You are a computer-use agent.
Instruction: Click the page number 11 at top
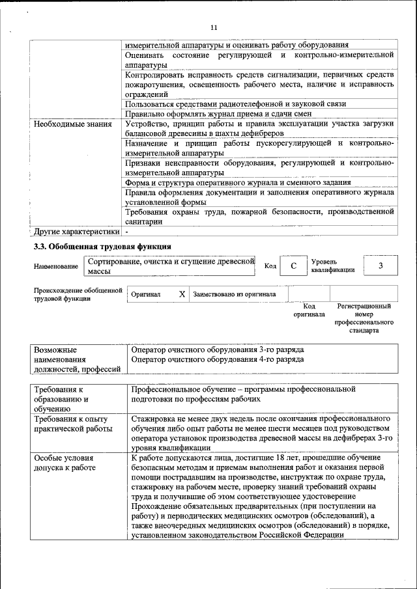[214, 27]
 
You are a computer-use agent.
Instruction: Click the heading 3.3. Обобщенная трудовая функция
[102, 247]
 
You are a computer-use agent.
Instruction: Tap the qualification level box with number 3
[381, 266]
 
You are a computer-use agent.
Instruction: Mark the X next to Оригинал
[182, 294]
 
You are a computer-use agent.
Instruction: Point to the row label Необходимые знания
[72, 124]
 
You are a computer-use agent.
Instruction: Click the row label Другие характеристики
[77, 231]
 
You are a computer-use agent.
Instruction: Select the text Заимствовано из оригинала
[234, 294]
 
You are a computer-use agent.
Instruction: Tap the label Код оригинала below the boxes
[309, 310]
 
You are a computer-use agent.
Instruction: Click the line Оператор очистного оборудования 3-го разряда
[217, 349]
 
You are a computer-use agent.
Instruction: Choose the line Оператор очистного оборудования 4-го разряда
[217, 359]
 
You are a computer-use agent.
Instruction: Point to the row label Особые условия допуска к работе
[65, 463]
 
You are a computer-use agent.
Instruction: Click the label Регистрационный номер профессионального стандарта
[364, 318]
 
